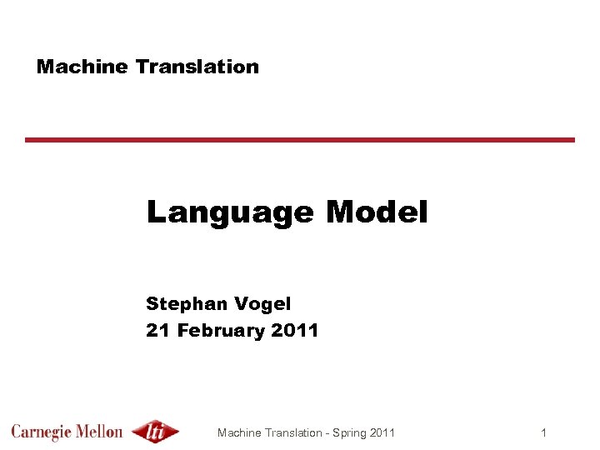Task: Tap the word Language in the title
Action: point(230,213)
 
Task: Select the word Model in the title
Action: point(377,212)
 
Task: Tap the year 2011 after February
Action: point(295,330)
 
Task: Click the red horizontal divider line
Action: point(300,140)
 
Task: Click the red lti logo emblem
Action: point(155,432)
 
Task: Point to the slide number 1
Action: point(543,432)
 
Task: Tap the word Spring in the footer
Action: point(350,433)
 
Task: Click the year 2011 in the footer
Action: point(382,432)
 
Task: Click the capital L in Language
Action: point(156,212)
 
